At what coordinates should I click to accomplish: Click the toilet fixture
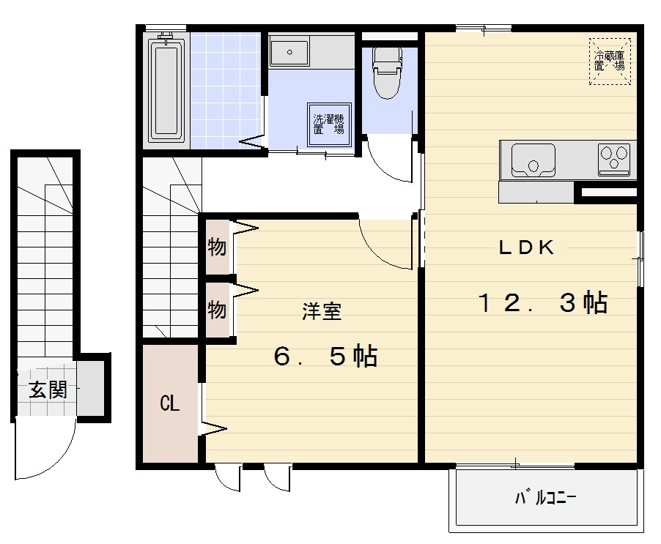(x=387, y=72)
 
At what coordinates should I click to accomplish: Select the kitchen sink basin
(x=533, y=160)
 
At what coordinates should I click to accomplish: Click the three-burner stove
(x=614, y=159)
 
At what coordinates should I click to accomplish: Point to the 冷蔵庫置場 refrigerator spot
(x=610, y=62)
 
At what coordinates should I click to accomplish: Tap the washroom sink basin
(x=289, y=52)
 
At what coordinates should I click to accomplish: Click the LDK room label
(x=526, y=247)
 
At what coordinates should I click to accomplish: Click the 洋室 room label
(x=322, y=312)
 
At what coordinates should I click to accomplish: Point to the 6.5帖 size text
(x=325, y=357)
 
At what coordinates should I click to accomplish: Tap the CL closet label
(x=170, y=403)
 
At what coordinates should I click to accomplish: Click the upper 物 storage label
(x=217, y=247)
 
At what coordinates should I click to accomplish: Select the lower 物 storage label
(x=217, y=310)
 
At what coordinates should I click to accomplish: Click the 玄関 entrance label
(x=48, y=390)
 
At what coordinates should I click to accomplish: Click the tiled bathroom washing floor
(x=226, y=91)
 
